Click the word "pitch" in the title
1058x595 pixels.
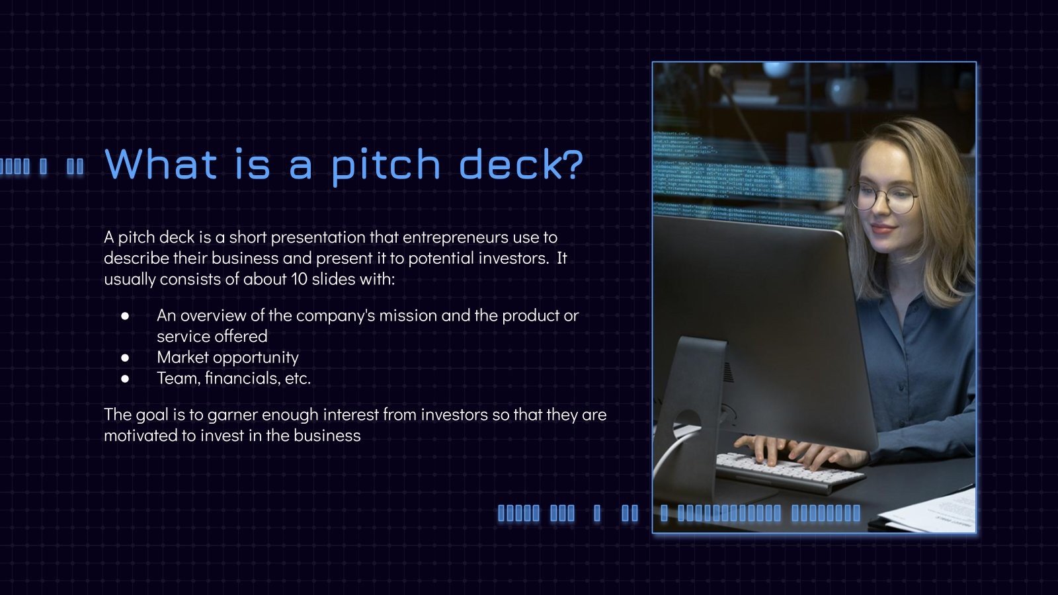[386, 164]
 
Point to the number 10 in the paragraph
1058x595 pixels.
[300, 279]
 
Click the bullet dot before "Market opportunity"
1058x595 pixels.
[125, 358]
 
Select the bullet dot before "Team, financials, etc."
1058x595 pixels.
[125, 379]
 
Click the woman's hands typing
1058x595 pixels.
[793, 450]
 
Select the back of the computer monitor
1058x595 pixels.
[760, 317]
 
